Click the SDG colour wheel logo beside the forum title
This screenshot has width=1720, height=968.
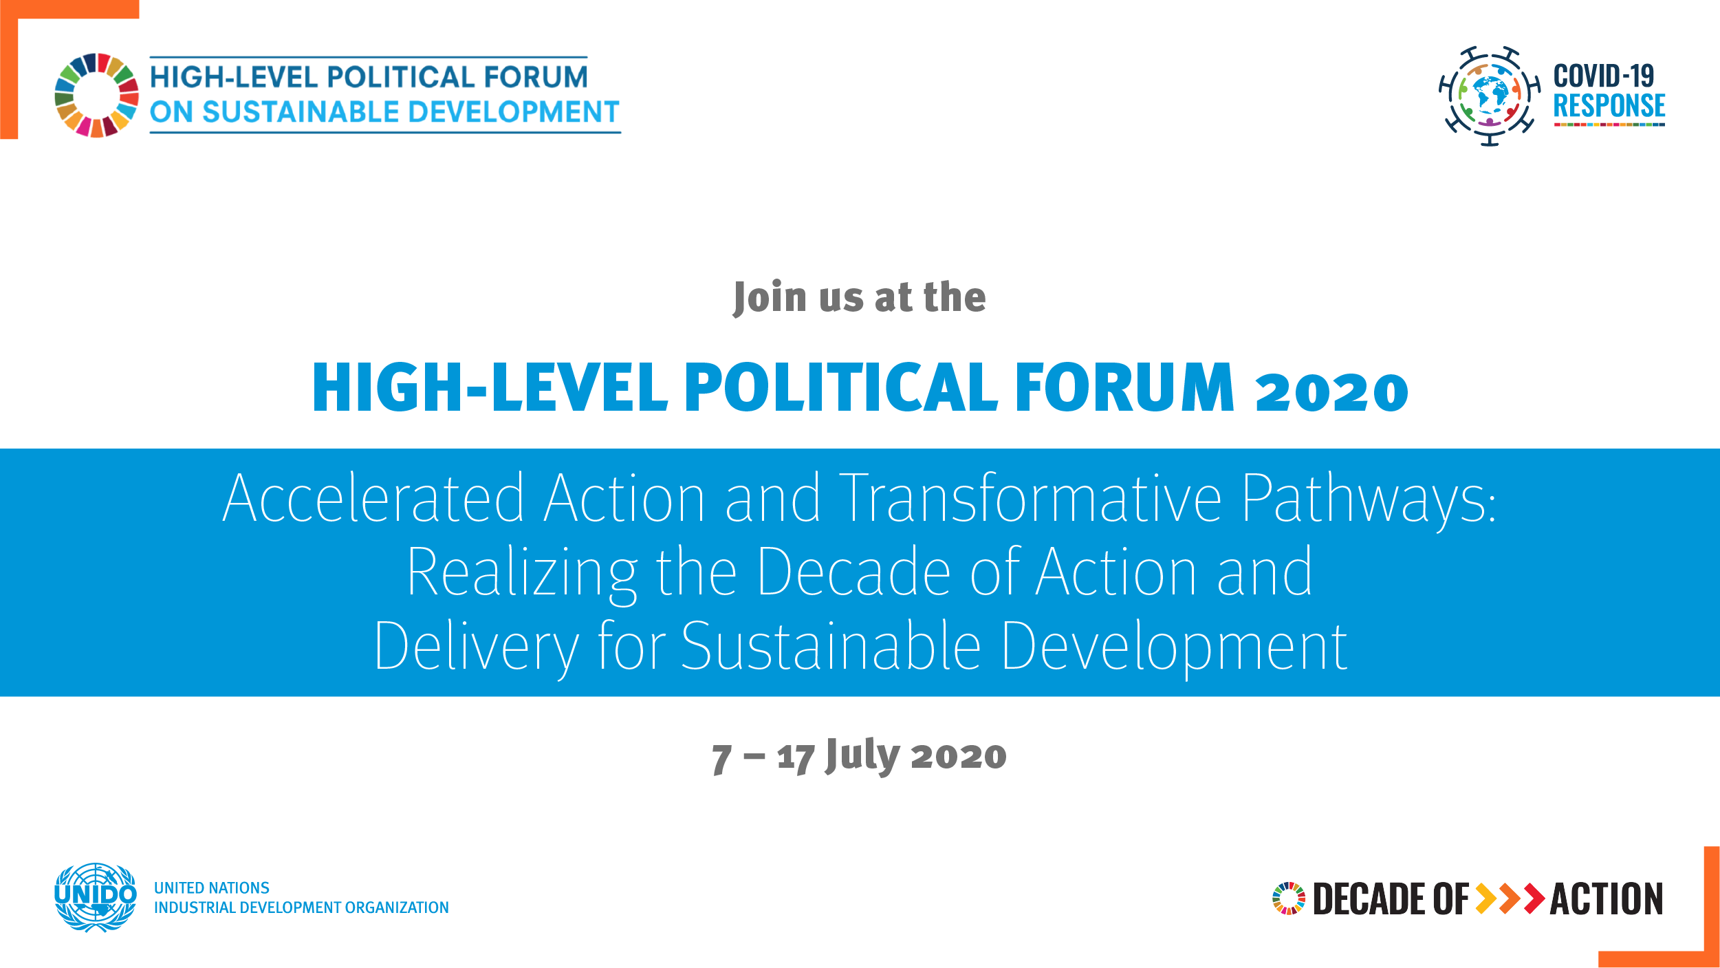tap(97, 95)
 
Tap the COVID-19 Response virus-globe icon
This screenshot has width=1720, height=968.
tap(1490, 96)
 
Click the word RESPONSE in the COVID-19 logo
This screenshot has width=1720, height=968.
tap(1609, 106)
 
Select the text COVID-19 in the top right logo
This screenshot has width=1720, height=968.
tap(1604, 76)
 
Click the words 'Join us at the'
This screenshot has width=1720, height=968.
tap(860, 297)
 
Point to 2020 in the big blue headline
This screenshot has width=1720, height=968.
tap(1332, 392)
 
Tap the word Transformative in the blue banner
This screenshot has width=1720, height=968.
tap(1030, 497)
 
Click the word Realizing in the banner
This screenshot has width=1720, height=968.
tap(523, 574)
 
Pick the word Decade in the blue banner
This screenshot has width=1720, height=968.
tap(854, 571)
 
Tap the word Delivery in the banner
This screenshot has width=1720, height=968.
tap(477, 647)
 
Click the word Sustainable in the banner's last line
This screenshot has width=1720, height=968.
tap(831, 645)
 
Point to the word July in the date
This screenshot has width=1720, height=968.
tap(862, 756)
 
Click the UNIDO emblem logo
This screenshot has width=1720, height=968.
tap(96, 897)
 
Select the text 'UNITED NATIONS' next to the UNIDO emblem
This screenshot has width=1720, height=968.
tap(212, 888)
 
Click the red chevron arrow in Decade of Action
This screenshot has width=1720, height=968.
tap(1534, 899)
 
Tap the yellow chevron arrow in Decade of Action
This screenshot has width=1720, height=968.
tap(1486, 899)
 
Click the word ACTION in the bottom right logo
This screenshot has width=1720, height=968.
tap(1607, 899)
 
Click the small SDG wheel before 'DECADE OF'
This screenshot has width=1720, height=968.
tap(1289, 899)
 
